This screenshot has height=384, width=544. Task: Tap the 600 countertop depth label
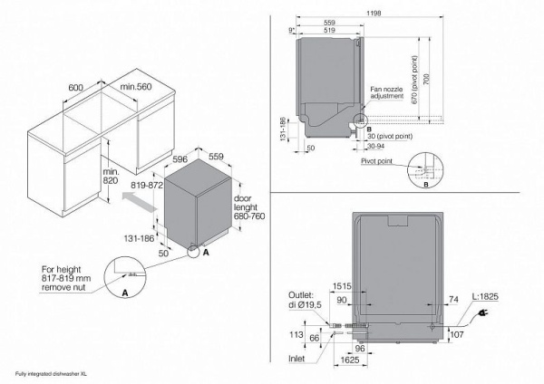point(76,89)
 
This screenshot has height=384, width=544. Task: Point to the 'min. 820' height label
point(111,178)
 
